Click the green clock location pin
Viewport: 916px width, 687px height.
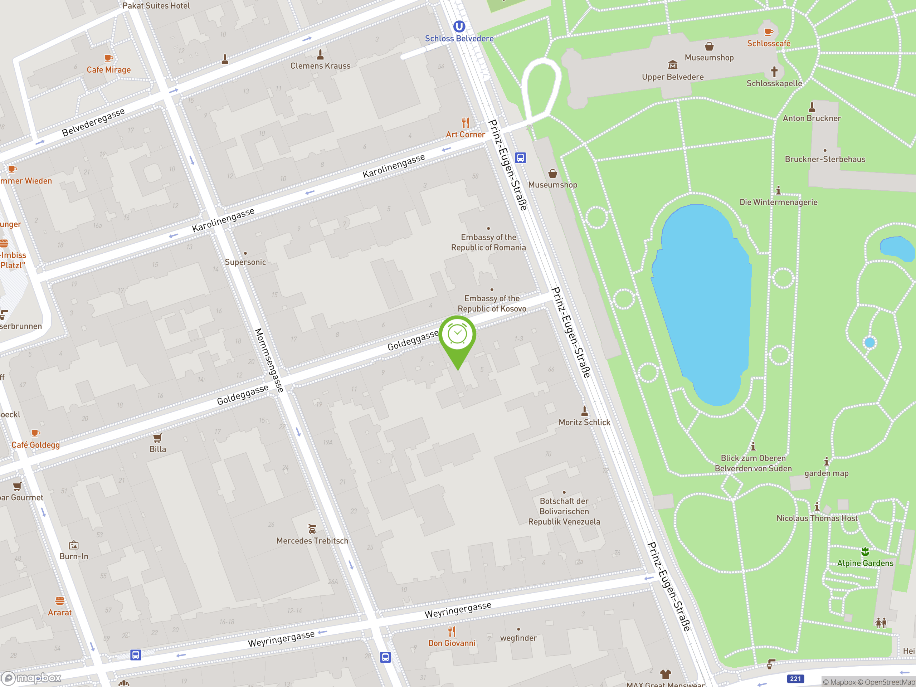[x=458, y=335]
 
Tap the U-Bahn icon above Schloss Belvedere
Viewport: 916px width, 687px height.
[x=459, y=26]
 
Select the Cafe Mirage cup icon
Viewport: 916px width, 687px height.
[x=108, y=58]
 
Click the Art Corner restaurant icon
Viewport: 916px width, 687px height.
[x=466, y=123]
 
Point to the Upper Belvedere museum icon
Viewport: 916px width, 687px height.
[x=672, y=65]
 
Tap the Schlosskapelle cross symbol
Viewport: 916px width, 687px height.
[x=774, y=72]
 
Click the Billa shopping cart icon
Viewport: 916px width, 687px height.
[x=157, y=438]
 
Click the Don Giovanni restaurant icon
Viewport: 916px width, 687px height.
[x=452, y=631]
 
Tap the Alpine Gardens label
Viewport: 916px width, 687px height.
[x=865, y=563]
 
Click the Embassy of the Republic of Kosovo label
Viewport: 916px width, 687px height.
[x=492, y=303]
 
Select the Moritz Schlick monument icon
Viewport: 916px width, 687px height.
[x=584, y=411]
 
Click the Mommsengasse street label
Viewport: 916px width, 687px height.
[x=269, y=360]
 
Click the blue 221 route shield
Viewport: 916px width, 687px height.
[x=795, y=679]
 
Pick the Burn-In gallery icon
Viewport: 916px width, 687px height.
[x=74, y=545]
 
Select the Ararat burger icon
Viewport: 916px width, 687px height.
[x=60, y=601]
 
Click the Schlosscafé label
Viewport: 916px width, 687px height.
[x=769, y=44]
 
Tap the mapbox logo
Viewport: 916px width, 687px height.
[x=31, y=678]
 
